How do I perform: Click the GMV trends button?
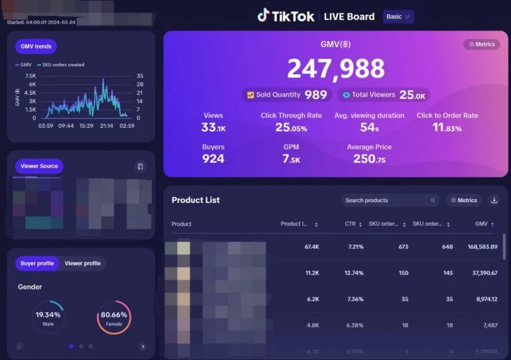(x=36, y=47)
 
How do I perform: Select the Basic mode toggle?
(x=399, y=17)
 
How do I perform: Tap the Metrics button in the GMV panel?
(x=482, y=45)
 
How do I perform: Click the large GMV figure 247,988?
(x=335, y=69)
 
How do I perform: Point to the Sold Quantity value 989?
(x=316, y=95)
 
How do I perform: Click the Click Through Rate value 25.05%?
(x=291, y=128)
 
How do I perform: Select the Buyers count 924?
(x=213, y=158)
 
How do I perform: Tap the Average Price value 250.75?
(x=369, y=159)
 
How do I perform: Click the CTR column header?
(x=351, y=224)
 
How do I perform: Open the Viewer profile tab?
(x=82, y=263)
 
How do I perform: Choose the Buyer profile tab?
(x=37, y=263)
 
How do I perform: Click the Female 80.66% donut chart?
(x=114, y=317)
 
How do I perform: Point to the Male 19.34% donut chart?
(x=48, y=317)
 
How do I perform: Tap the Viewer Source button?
(x=39, y=166)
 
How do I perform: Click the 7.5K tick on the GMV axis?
(x=29, y=75)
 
